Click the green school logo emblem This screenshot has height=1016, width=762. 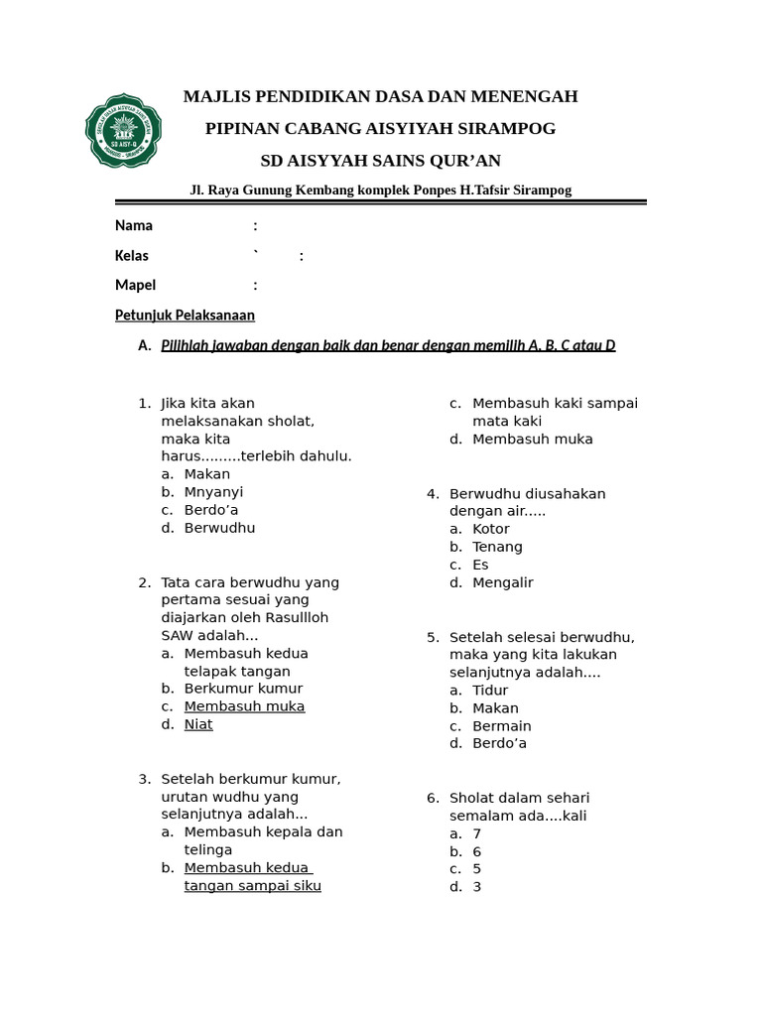pyautogui.click(x=123, y=131)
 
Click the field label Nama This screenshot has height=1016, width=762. pyautogui.click(x=134, y=225)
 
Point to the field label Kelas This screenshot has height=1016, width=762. pyautogui.click(x=132, y=255)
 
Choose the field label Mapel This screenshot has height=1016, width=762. pyautogui.click(x=135, y=285)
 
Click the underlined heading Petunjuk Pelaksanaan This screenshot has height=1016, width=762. pyautogui.click(x=185, y=315)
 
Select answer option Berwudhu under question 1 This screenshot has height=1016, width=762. pyautogui.click(x=219, y=528)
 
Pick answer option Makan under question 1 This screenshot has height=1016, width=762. pyautogui.click(x=206, y=474)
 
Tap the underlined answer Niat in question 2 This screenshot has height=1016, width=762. pyautogui.click(x=198, y=724)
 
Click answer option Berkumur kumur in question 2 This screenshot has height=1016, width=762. pyautogui.click(x=243, y=689)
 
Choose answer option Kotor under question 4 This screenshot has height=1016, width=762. pyautogui.click(x=491, y=529)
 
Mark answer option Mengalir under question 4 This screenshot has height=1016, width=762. pyautogui.click(x=503, y=582)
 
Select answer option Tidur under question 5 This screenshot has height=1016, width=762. pyautogui.click(x=490, y=691)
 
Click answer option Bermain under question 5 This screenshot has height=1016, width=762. pyautogui.click(x=502, y=726)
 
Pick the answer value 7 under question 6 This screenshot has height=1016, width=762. pyautogui.click(x=477, y=833)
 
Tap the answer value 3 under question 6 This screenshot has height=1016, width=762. pyautogui.click(x=477, y=887)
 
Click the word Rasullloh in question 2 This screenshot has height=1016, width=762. pyautogui.click(x=295, y=617)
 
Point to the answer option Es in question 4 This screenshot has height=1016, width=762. pyautogui.click(x=480, y=565)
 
